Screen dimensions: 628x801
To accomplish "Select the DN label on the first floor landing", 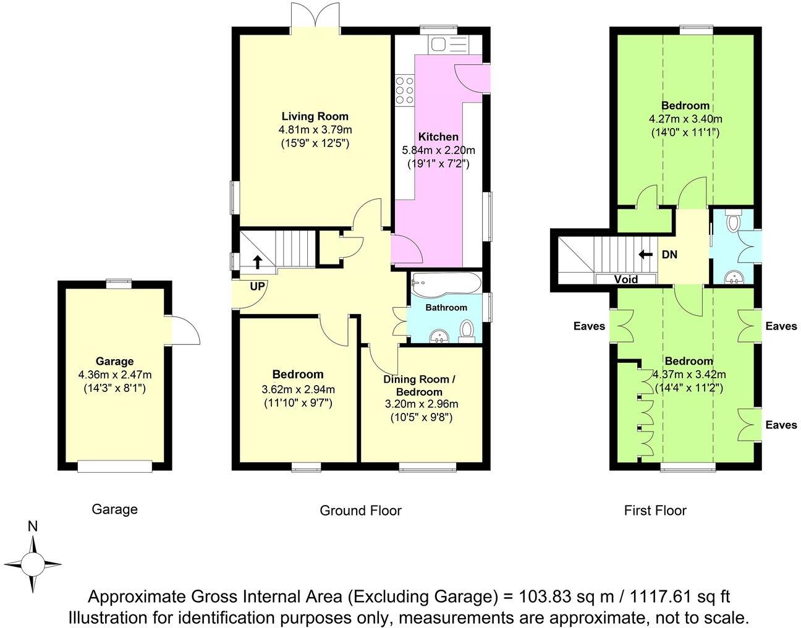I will tap(669, 254).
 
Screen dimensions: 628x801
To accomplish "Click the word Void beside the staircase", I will tap(625, 279).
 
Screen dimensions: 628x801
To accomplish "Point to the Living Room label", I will tap(315, 116).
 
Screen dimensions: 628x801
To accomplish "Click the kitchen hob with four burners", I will tap(405, 90).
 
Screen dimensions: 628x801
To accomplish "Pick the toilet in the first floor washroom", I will tap(734, 221).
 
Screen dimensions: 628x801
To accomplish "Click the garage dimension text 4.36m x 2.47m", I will tap(114, 375).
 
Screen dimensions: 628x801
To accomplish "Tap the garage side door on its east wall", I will tap(184, 328).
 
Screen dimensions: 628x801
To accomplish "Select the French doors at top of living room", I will tap(315, 15).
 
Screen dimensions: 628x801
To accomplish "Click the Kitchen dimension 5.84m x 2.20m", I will tap(438, 150).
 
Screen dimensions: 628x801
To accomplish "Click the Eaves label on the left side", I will tap(589, 326).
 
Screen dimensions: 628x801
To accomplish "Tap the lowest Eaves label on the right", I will tap(781, 425).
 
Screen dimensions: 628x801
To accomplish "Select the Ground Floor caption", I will tap(360, 511).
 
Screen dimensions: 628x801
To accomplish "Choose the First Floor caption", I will tap(655, 511).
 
